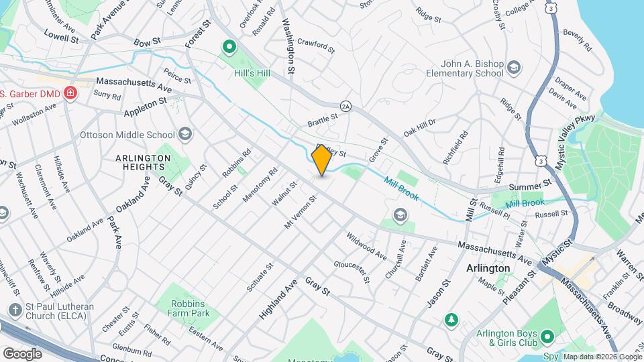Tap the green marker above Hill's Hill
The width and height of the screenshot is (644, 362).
(x=229, y=47)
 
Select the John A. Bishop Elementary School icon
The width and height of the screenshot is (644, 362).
(x=514, y=67)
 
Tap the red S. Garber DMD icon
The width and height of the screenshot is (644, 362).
(x=69, y=95)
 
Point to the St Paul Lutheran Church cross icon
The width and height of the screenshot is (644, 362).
(x=14, y=309)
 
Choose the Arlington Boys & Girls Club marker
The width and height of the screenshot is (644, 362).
(x=547, y=336)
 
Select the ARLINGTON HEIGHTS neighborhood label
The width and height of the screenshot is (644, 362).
(x=144, y=162)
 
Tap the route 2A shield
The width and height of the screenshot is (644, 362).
(x=345, y=106)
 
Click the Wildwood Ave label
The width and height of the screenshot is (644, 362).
(x=366, y=247)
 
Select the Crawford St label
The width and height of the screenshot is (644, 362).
(x=315, y=45)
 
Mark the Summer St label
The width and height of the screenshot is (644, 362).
(x=529, y=183)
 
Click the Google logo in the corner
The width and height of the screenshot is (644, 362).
(x=22, y=353)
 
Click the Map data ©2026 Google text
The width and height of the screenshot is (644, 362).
(x=602, y=356)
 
